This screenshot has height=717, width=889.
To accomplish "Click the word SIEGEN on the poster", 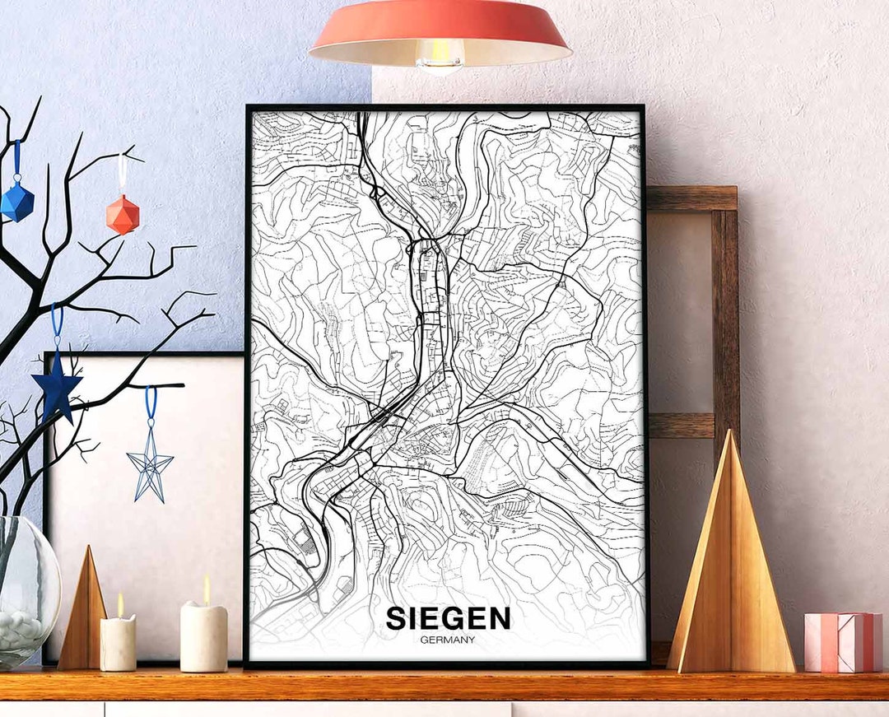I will (448, 618).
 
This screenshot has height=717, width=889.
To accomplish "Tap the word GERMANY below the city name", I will (447, 640).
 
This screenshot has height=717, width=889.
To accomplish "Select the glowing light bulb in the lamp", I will (440, 56).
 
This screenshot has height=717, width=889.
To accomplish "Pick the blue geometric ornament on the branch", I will (16, 201).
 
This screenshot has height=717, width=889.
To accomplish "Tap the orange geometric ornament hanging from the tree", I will (123, 214).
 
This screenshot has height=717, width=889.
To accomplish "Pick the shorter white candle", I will (118, 643).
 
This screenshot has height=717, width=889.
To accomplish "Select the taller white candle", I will (203, 636).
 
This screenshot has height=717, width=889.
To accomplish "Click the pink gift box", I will (842, 642).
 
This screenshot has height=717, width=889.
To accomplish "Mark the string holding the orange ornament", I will (122, 173).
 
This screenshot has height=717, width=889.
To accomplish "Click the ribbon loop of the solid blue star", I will (57, 325).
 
